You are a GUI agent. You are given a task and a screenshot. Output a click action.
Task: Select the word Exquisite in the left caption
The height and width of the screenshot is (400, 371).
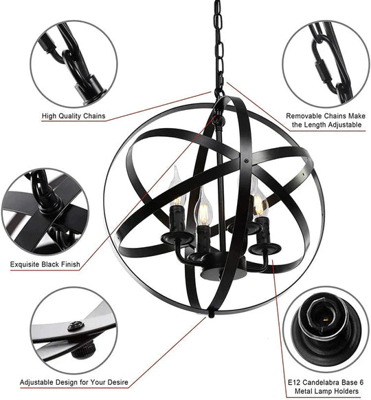26,264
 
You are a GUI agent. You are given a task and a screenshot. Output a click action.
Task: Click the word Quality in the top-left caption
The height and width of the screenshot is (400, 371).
67,116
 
